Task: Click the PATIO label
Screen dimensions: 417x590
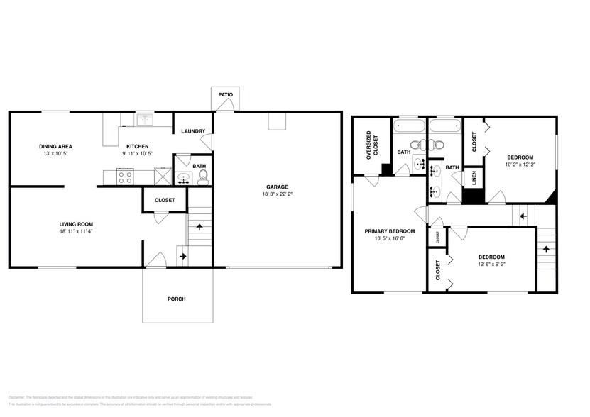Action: point(224,94)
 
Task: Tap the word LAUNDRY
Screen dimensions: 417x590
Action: point(193,131)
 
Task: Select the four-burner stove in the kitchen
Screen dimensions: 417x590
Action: point(126,176)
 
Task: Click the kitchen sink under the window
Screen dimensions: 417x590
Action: point(145,119)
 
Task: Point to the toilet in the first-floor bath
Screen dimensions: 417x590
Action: point(202,175)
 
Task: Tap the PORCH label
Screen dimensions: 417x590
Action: point(176,299)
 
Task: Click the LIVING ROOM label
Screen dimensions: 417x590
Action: point(76,223)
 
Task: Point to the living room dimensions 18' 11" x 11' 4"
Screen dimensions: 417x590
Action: point(76,231)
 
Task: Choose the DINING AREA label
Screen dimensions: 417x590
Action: point(55,146)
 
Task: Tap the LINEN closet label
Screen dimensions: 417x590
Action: point(474,177)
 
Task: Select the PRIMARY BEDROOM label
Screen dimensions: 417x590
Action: point(389,230)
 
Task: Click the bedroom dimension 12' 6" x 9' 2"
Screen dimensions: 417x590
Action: point(491,264)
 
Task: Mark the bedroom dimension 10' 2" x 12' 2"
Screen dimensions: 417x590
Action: point(520,164)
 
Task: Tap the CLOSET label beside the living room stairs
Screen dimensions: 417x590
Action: point(165,200)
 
